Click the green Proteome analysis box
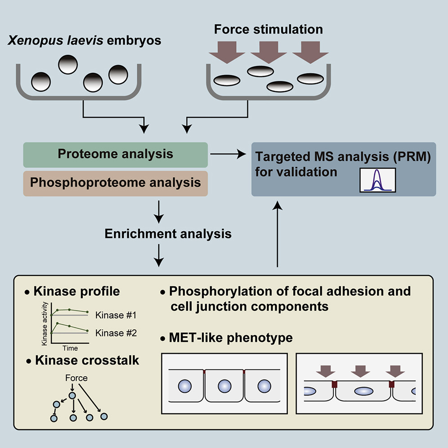coord(115,154)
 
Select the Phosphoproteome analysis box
coord(115,183)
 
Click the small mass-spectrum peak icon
coord(377,180)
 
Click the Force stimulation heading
coord(268,30)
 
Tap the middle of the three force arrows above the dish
coord(269,50)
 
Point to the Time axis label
coord(70,348)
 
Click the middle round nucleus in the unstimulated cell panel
coord(224,386)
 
